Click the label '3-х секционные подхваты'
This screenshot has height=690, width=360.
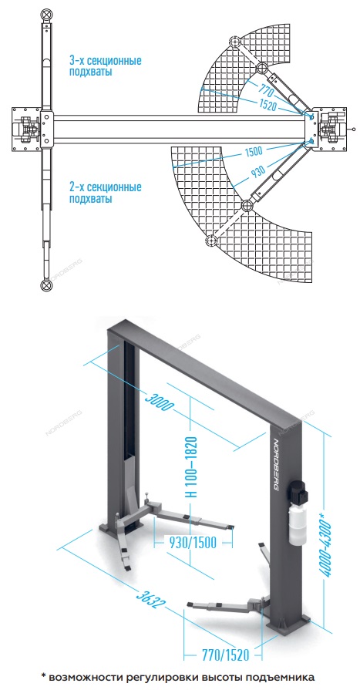(x=105, y=66)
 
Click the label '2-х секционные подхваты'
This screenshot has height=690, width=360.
(x=105, y=193)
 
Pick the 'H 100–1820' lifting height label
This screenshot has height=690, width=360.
(x=191, y=467)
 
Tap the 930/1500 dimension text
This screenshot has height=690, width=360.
(x=193, y=543)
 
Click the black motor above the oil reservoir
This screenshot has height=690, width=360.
(x=299, y=492)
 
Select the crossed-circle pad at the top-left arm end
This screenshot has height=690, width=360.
(x=45, y=14)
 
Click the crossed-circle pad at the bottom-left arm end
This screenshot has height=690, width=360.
(x=45, y=284)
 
